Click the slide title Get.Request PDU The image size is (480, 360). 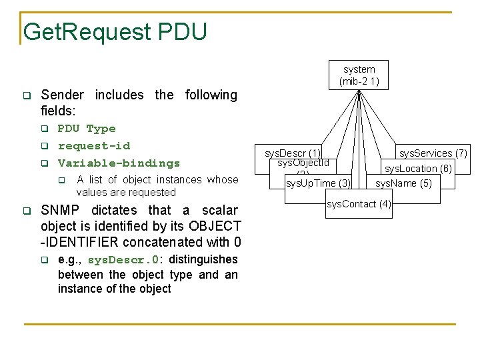115,31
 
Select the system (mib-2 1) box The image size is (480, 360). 359,75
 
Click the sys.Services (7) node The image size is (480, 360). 433,153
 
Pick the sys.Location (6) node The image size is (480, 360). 418,169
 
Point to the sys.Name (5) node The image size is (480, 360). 403,183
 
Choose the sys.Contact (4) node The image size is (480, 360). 359,203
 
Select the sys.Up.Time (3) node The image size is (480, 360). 318,183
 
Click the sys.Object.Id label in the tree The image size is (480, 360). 303,163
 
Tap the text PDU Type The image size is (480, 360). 87,129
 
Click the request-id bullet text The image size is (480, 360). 94,146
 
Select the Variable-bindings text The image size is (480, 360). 119,163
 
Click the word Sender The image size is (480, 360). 63,95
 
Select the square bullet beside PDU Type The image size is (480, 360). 44,129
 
